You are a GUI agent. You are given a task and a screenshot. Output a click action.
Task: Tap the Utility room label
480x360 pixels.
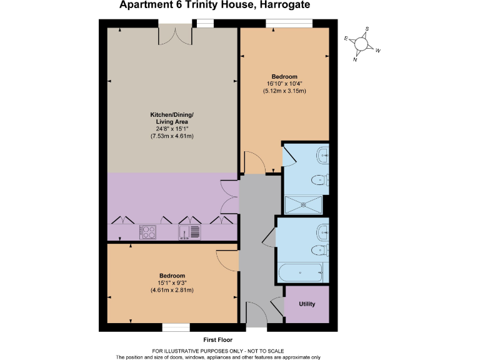click(x=306, y=304)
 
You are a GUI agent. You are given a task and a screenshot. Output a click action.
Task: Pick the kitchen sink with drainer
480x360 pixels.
click(x=190, y=232)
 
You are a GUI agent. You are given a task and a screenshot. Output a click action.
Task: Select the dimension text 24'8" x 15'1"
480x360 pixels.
click(x=172, y=129)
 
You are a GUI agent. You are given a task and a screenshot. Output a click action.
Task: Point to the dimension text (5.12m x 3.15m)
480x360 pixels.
click(x=284, y=91)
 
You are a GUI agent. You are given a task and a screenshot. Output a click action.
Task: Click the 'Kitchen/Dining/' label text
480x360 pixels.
click(x=172, y=114)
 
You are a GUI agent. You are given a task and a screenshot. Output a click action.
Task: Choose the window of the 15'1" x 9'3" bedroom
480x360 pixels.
click(x=176, y=327)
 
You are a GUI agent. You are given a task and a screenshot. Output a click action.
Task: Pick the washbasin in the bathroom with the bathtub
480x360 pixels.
click(x=321, y=229)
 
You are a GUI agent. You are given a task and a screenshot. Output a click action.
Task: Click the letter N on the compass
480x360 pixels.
click(x=355, y=59)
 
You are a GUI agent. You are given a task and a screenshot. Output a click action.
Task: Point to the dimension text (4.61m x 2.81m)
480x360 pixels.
click(x=172, y=290)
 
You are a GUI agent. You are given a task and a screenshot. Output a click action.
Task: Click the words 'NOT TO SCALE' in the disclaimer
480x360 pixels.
click(x=285, y=351)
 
